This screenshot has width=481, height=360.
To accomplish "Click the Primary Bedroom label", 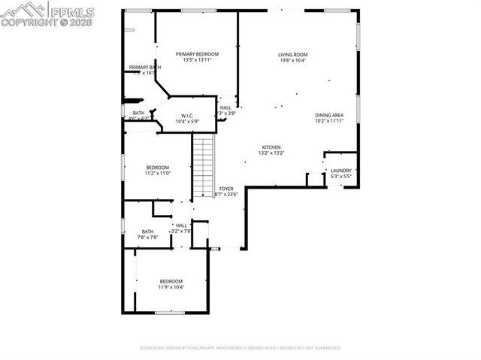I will (x=197, y=54).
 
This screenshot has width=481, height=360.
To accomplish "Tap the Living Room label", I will (x=292, y=55).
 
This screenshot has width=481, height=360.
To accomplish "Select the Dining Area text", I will (x=328, y=115).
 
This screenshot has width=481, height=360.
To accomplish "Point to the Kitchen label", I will (x=271, y=147).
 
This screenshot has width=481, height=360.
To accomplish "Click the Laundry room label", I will (x=340, y=171).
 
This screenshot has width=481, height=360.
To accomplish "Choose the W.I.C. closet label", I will (x=187, y=116).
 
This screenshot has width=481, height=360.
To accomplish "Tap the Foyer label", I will (x=226, y=188).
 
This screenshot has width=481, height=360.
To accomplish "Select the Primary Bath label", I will (x=144, y=68).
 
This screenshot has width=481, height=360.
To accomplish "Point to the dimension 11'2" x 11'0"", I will (x=158, y=174).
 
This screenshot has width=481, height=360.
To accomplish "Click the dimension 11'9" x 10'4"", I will (x=171, y=287).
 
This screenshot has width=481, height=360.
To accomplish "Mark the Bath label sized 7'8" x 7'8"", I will (x=147, y=231).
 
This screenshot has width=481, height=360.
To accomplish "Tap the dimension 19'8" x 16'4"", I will (x=292, y=61).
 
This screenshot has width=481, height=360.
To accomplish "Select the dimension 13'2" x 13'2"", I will (x=271, y=153).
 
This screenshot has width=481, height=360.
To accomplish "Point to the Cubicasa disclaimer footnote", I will (x=240, y=348).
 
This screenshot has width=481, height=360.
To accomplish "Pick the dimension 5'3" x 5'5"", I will (x=340, y=177).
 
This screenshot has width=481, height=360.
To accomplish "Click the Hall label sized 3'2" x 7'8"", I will (x=181, y=225).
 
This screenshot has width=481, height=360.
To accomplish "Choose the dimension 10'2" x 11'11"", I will (x=328, y=121).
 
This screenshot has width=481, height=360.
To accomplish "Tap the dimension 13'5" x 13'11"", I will (x=197, y=60).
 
